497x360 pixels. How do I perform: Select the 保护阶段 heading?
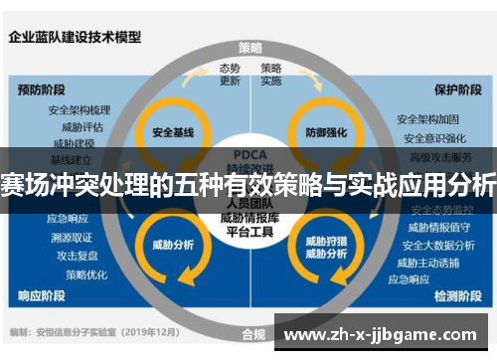[x=458, y=89]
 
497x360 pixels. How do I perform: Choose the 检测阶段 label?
[x=458, y=295]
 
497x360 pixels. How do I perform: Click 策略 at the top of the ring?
[x=250, y=48]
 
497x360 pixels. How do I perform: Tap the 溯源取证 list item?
[x=71, y=237]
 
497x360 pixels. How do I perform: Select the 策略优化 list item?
[x=84, y=273]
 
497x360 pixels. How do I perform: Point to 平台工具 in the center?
[x=248, y=230]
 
